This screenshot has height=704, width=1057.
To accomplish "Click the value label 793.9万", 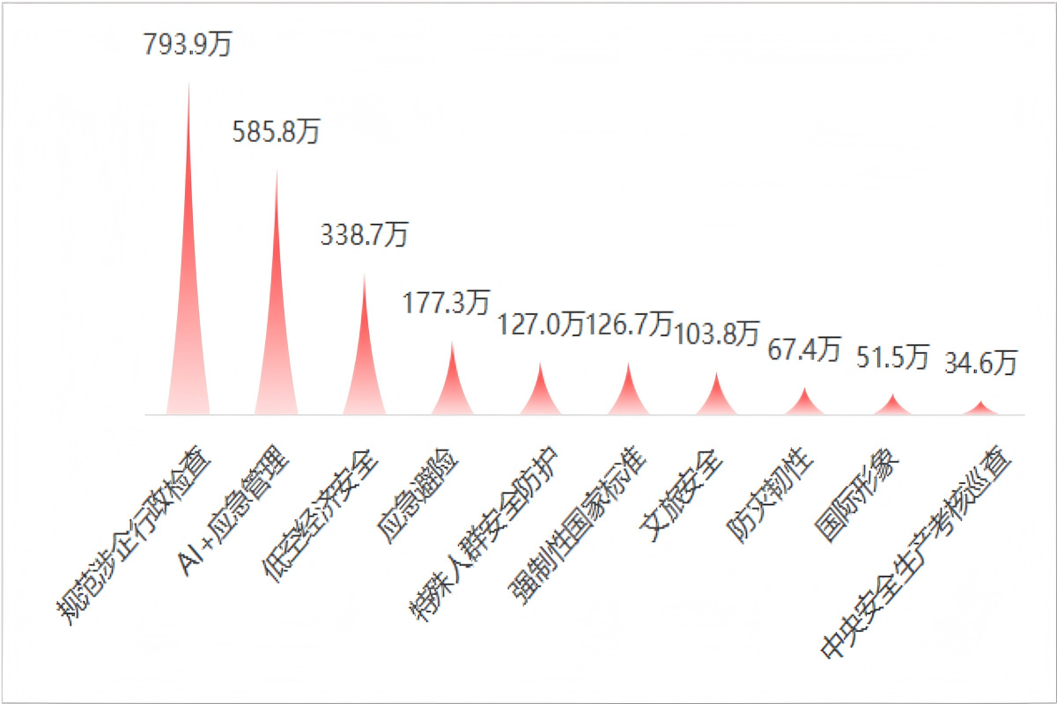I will pos(188,44).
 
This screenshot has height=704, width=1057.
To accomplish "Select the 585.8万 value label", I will pos(277,132).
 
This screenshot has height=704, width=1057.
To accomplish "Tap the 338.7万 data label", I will pos(365,235).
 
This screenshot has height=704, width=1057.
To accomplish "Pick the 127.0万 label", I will pos(541,325).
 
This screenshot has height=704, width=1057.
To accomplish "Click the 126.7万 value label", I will pos(629,325).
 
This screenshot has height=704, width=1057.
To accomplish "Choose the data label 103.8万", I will pos(716,333).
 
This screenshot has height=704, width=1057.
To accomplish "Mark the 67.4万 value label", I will pos(804,348).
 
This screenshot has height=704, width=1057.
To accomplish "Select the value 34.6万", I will pos(981,362).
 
